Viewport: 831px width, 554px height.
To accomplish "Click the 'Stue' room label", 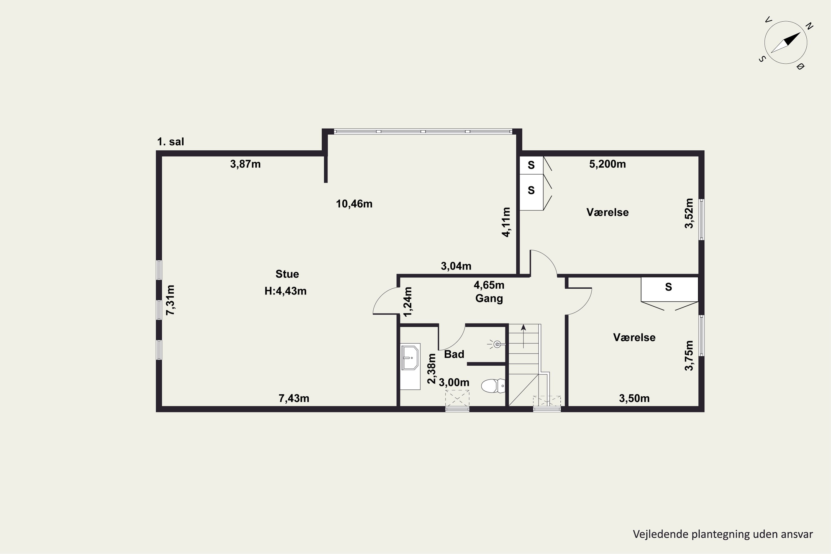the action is point(287,274).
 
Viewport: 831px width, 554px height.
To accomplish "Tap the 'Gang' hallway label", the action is point(489,299).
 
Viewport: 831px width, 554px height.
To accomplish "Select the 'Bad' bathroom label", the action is point(454,354).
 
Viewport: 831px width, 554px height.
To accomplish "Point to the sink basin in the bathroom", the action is point(410,358).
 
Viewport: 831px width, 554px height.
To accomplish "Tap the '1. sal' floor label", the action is point(171,142).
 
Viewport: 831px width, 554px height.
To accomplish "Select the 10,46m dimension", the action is point(354,204).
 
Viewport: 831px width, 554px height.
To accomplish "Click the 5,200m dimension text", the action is point(607,164).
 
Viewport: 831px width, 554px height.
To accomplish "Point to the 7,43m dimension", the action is point(294,399).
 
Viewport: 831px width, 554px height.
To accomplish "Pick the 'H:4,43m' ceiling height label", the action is point(286,291).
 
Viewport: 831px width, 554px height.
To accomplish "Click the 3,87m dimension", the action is point(245,164).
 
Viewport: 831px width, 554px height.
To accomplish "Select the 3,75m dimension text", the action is point(689,355).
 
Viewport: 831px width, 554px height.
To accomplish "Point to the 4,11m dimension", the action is point(506,222).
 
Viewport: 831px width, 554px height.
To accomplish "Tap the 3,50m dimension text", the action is point(634,399).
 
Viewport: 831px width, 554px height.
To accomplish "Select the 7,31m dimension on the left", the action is point(170,300).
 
